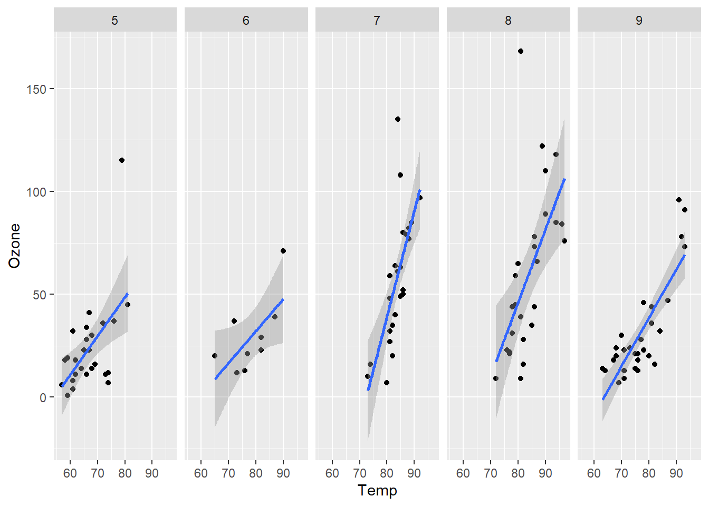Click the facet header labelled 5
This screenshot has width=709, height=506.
tap(114, 21)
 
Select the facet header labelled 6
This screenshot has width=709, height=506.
tap(246, 21)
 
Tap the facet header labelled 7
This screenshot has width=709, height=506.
tap(377, 21)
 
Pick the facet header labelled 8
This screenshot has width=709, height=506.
tap(508, 21)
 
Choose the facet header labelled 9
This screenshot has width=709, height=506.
tap(639, 21)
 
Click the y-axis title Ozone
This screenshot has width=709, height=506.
tap(14, 246)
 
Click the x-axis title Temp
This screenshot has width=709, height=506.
tap(377, 490)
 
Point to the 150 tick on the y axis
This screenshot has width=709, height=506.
tap(36, 89)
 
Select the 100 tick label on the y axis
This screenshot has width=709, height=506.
tap(36, 192)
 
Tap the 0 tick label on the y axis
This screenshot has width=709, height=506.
tap(43, 398)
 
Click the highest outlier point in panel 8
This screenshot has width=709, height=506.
tap(521, 51)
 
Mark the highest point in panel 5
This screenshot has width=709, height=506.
tap(122, 160)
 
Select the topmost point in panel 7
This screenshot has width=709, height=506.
tap(398, 119)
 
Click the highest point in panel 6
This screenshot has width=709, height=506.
tap(283, 251)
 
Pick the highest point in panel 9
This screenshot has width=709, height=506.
tap(679, 200)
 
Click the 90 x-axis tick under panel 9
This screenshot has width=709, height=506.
tap(676, 473)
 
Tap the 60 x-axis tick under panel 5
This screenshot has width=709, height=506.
tap(70, 473)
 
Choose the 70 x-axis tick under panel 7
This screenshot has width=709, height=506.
tap(360, 473)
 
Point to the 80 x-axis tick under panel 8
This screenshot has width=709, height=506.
tap(518, 473)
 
